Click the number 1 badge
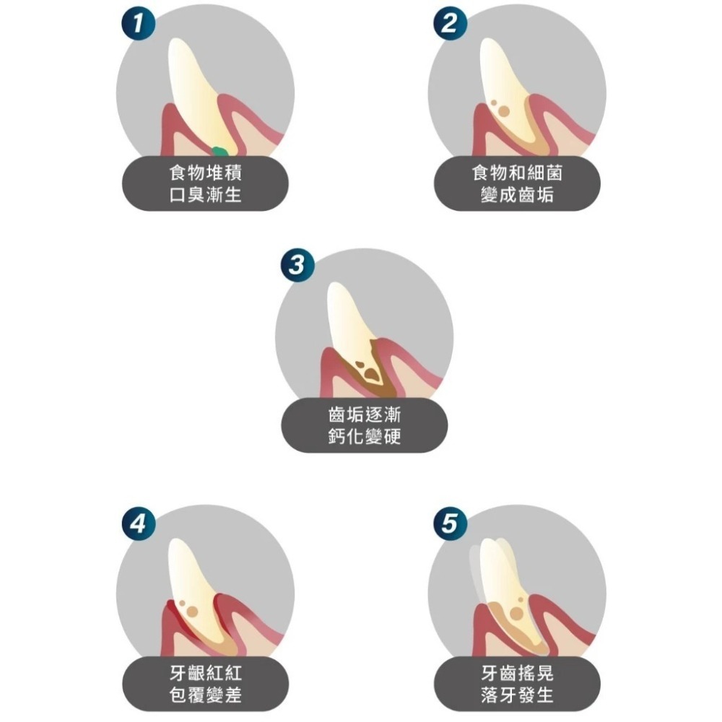click(138, 23)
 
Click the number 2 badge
click(451, 23)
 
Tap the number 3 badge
click(297, 265)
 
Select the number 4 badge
click(138, 523)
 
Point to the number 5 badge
click(451, 523)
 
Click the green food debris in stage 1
click(219, 151)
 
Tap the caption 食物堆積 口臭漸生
click(205, 183)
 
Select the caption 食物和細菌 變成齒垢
click(517, 183)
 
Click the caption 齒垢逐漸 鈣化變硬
click(364, 425)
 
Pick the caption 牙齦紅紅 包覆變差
click(205, 684)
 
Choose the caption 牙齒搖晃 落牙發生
click(517, 684)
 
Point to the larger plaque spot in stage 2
click(504, 111)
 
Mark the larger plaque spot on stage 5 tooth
click(517, 613)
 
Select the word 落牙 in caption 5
click(499, 695)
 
